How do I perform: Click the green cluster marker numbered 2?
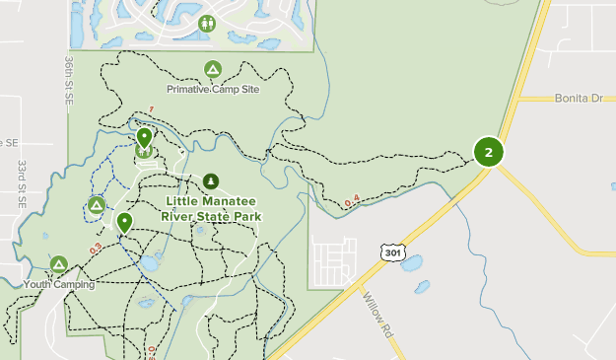489,152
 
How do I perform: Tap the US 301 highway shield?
392,253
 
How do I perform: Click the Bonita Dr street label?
578,99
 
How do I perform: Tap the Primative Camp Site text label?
212,89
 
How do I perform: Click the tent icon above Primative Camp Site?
212,69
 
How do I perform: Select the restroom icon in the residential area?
207,23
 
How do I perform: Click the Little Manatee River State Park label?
213,208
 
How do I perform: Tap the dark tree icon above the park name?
210,181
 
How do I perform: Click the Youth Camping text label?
59,284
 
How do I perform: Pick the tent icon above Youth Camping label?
59,264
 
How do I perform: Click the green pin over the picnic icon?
144,138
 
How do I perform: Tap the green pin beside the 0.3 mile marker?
124,222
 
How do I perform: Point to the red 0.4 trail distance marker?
353,201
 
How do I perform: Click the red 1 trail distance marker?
152,108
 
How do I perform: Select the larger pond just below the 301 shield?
411,263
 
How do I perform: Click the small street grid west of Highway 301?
333,260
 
